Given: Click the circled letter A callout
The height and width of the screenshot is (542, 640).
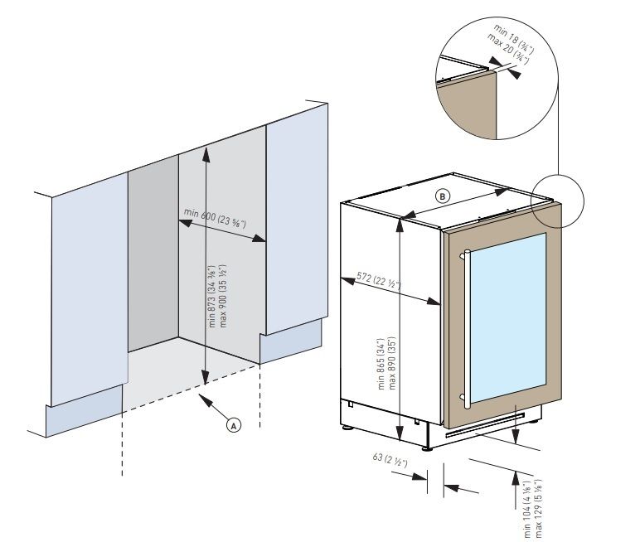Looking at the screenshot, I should pos(234,425).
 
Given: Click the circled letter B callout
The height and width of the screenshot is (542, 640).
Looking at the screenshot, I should pos(443,196).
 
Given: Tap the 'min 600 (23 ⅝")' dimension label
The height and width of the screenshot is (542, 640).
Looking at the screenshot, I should pos(215,219).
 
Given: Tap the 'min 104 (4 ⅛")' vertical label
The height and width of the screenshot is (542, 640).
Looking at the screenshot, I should pos(527,509).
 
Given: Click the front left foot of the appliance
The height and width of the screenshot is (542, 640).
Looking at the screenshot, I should pos(347,428).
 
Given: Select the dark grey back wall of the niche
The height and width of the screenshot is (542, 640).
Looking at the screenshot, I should pos(153,257).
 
